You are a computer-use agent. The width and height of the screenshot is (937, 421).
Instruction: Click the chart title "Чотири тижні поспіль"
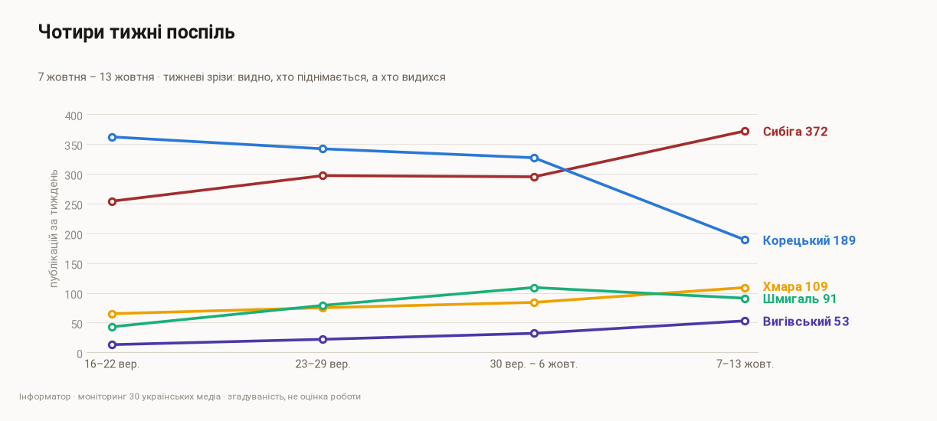(x=136, y=32)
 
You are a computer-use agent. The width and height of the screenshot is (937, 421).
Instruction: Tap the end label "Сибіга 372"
(x=795, y=132)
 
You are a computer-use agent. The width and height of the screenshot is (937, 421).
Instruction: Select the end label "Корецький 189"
(x=809, y=240)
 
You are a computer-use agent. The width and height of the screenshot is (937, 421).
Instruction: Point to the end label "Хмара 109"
(x=795, y=286)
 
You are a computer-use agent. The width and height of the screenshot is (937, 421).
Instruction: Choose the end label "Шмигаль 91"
(x=799, y=299)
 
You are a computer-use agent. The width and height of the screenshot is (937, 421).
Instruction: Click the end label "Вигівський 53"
(x=806, y=321)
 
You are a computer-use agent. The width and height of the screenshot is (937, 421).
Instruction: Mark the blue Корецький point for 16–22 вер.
(x=112, y=137)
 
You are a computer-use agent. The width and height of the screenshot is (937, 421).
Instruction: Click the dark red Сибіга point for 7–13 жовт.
(x=745, y=131)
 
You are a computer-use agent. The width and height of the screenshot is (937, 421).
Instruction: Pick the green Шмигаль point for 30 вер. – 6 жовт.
(x=534, y=288)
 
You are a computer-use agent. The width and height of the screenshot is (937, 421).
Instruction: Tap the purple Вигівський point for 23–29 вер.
(x=323, y=339)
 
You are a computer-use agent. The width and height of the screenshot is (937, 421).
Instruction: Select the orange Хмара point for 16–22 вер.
(x=112, y=314)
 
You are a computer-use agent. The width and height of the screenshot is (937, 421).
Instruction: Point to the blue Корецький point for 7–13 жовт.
(x=745, y=240)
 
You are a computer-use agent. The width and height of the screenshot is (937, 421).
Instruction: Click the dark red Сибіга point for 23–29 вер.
(x=323, y=175)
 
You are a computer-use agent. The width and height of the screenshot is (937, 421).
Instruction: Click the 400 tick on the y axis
(x=74, y=116)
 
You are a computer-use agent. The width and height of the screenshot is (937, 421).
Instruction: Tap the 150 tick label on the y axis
(x=74, y=265)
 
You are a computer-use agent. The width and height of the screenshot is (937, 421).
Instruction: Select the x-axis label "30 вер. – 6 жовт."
(x=534, y=364)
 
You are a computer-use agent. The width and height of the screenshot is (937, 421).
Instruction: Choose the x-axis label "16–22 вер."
(x=112, y=364)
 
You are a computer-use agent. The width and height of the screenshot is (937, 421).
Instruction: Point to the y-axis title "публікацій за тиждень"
(x=54, y=228)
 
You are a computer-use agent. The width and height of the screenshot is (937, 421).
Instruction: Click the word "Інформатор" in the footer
(x=44, y=397)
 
